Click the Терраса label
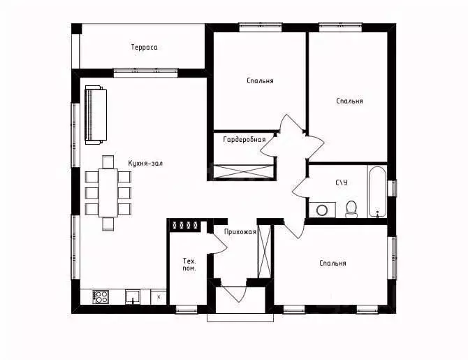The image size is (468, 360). pos(144,48)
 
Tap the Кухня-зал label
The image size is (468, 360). pos(145,164)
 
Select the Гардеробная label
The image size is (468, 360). pos(244,140)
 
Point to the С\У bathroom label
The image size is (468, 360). pos(342,182)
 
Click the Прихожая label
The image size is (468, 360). pos(240,232)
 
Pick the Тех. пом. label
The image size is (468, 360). pos(189,264)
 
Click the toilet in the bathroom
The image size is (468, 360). pos(351,209)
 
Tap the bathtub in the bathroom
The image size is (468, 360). pos(377,192)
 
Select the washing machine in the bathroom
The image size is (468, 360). pos(322,210)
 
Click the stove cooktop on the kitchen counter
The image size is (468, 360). pos(101,297)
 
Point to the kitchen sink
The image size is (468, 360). pos(133,297)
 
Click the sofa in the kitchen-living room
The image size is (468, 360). pos(96,115)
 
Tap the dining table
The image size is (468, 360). pos(108,193)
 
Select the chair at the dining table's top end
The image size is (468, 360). pos(108,161)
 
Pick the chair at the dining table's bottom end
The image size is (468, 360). pos(108,224)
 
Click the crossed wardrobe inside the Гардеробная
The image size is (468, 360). pos(244,172)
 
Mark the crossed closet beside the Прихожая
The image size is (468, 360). pos(264,252)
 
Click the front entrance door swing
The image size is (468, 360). pos(234,294)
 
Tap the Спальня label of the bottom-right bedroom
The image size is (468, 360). pos(332,264)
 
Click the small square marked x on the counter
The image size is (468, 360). pos(159,297)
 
